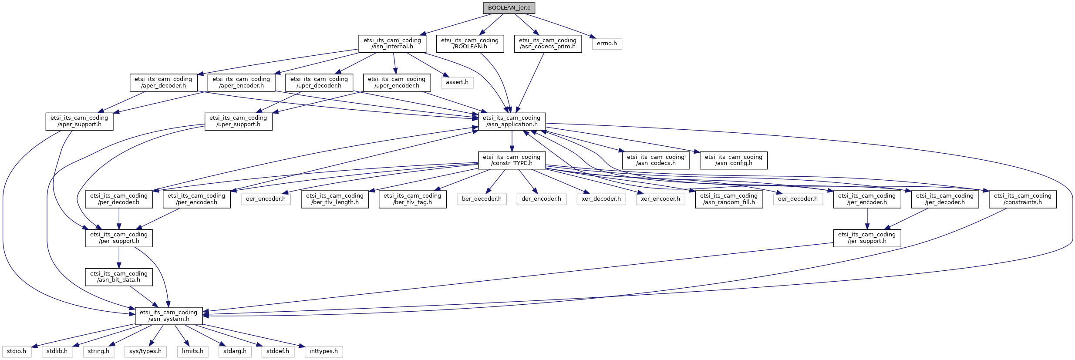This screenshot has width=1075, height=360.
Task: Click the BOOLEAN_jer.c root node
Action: click(x=509, y=8)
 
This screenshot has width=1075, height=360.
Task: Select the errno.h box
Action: click(x=607, y=44)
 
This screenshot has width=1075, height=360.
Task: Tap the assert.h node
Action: click(x=457, y=82)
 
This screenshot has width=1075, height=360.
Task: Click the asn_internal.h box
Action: click(x=392, y=44)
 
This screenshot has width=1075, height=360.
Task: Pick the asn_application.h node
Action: click(x=512, y=121)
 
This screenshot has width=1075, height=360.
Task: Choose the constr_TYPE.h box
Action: click(x=512, y=160)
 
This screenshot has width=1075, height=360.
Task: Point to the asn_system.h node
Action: click(x=168, y=316)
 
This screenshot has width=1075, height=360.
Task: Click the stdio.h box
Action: click(x=17, y=351)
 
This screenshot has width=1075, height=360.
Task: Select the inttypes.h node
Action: click(x=324, y=351)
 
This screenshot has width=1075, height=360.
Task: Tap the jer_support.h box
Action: click(x=866, y=238)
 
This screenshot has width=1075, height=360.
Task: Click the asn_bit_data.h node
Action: click(x=119, y=277)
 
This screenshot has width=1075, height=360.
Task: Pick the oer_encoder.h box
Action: click(x=266, y=199)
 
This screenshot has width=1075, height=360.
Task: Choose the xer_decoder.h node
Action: click(x=601, y=199)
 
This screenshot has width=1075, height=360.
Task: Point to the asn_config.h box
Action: click(x=733, y=160)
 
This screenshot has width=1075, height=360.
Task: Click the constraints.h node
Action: click(x=1022, y=199)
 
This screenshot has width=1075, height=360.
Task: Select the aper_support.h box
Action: click(x=79, y=121)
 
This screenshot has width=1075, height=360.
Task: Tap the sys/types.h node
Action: click(x=145, y=351)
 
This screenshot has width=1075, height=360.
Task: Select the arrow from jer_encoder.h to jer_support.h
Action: click(x=867, y=219)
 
